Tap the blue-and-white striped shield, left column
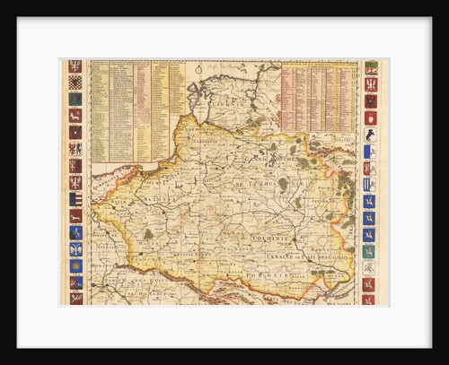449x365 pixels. [75, 199]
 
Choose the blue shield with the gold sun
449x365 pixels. [75, 265]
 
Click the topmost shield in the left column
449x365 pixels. [75, 66]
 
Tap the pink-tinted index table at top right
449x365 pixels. [318, 99]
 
